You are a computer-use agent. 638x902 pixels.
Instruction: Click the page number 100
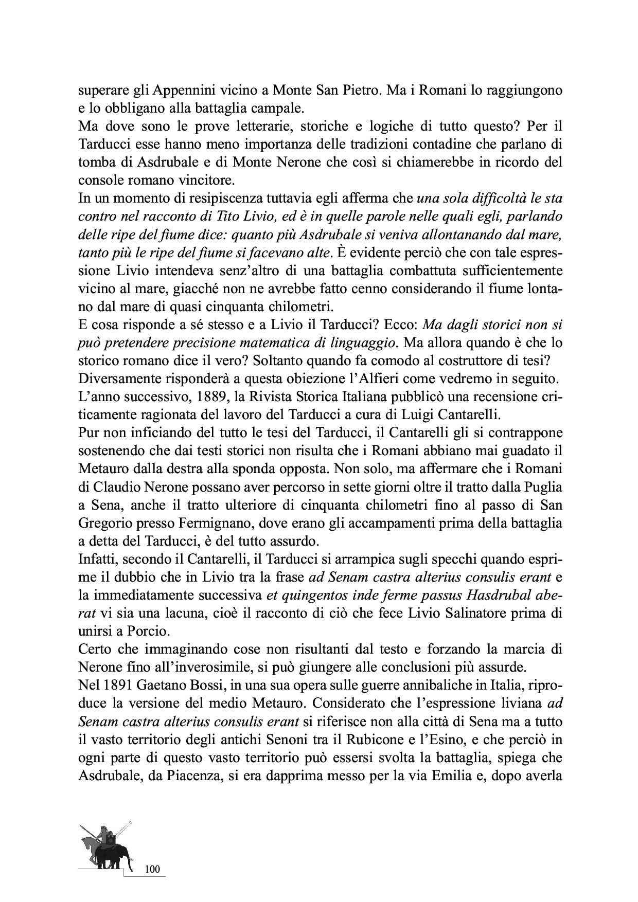click(x=153, y=870)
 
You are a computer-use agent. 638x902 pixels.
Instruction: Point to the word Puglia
click(x=543, y=486)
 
